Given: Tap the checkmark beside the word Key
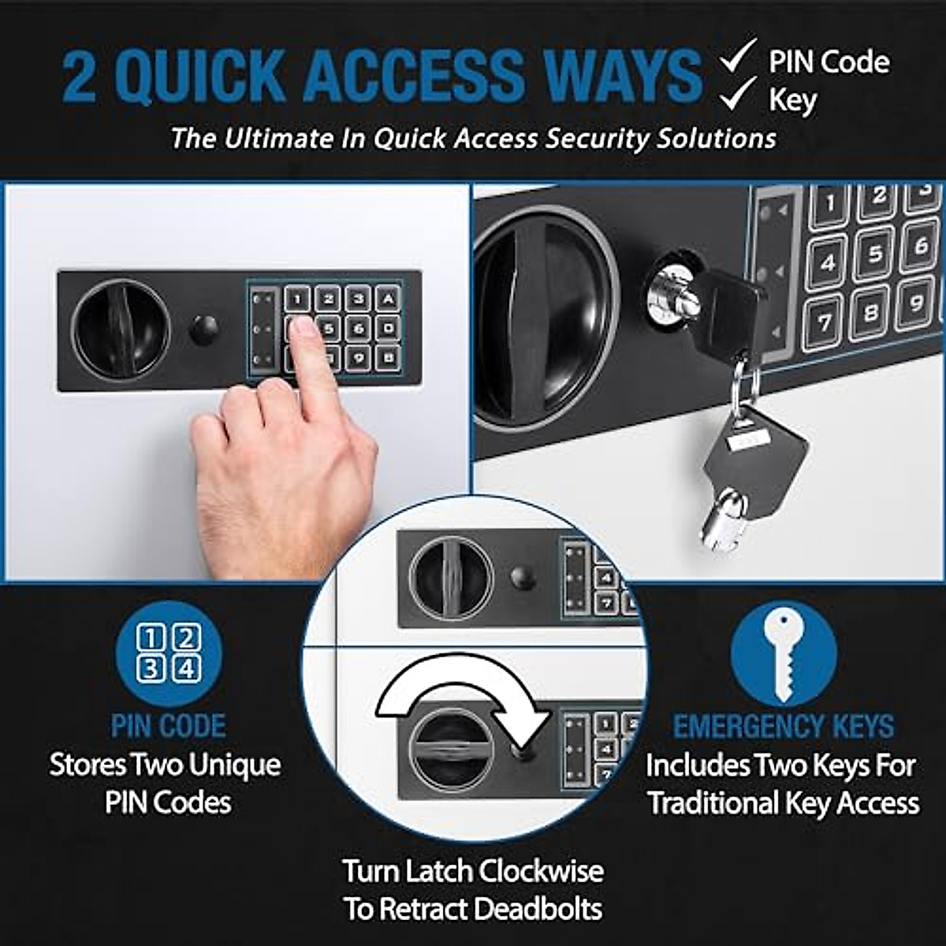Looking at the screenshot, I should tap(739, 95).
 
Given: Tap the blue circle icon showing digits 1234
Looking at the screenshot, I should tap(169, 654).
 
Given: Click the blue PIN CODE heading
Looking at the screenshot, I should tap(169, 725).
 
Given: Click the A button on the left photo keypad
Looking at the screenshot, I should tap(388, 299).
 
